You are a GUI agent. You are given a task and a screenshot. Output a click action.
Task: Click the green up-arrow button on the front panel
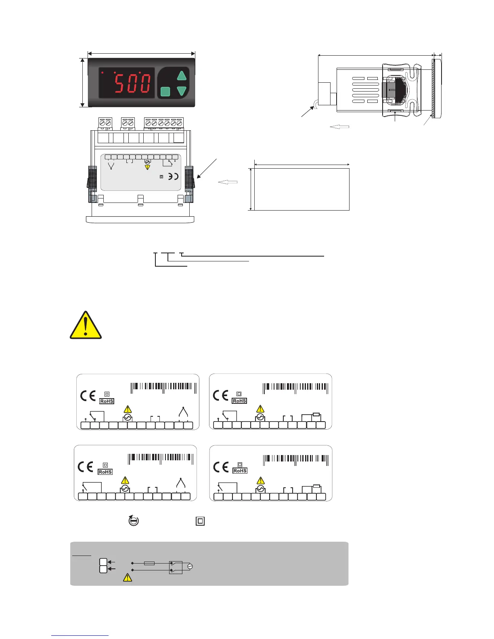pos(182,76)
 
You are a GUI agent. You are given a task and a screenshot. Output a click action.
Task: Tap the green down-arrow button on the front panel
pos(182,91)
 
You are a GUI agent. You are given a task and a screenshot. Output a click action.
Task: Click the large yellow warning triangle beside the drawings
pos(86,325)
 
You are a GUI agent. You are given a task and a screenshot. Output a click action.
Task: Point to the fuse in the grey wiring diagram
pos(149,563)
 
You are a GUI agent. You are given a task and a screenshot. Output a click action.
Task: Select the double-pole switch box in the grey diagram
pos(176,567)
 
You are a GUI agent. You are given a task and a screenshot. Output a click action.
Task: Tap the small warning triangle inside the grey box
pos(127,578)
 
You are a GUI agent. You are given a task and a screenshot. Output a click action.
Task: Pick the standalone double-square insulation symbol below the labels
pos(200,521)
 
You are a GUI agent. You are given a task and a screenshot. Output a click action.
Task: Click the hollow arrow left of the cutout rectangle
pos(228,182)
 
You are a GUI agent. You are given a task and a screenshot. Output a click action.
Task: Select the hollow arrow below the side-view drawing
pos(339,127)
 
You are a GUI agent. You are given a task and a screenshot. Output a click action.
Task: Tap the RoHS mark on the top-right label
pos(239,401)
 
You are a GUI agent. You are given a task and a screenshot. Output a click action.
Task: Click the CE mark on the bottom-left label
pos(85,467)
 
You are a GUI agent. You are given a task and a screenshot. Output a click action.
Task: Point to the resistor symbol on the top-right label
pos(317,414)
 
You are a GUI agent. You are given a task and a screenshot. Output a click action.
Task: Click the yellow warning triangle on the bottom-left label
pos(125,480)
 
